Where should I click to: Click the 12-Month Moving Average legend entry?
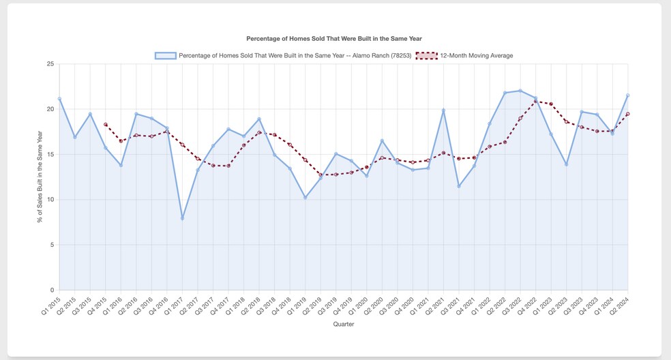click(476, 55)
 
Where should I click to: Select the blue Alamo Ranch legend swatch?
click(166, 55)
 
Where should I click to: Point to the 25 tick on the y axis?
click(49, 64)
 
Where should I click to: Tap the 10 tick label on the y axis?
click(49, 200)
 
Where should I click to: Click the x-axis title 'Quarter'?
click(343, 325)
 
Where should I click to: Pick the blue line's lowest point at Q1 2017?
click(182, 218)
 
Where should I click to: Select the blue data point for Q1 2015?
click(59, 99)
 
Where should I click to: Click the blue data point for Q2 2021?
click(443, 110)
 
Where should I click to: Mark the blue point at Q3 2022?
click(520, 91)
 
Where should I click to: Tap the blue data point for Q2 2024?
click(627, 95)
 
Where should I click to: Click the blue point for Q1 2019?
click(305, 197)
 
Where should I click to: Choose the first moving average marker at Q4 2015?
click(106, 125)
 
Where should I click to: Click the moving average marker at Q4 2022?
click(535, 102)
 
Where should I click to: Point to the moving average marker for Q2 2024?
click(627, 114)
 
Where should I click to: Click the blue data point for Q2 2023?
click(566, 164)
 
